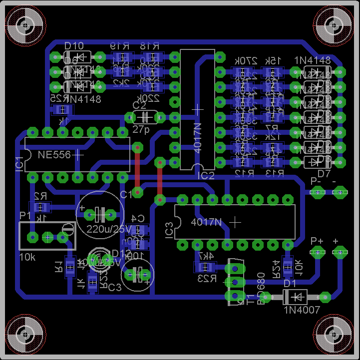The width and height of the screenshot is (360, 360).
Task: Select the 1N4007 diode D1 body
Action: pos(295,297)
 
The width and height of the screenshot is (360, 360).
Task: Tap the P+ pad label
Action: pos(317,241)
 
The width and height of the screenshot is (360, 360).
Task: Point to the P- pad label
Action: pos(316,181)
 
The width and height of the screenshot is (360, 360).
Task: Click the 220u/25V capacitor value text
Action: pos(108,229)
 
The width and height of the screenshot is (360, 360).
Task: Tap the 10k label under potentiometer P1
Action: pos(27,257)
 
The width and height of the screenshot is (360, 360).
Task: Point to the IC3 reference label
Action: pos(169,230)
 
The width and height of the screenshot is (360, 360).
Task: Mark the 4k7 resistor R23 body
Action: pos(205,267)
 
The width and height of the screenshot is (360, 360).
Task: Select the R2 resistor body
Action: pos(39,207)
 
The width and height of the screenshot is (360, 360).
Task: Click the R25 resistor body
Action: pos(62,109)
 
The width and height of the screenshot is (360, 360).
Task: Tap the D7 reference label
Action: pos(324,173)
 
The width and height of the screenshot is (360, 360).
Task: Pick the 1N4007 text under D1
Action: pos(302,310)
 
